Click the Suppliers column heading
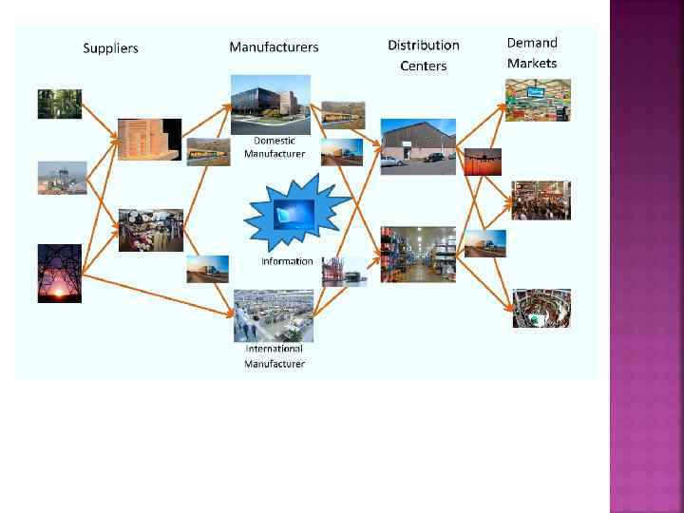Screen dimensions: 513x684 (110, 48)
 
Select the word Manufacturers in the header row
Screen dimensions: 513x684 (274, 47)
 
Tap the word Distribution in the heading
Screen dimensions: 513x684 (423, 46)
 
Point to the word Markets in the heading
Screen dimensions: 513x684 (532, 64)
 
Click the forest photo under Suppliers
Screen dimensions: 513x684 (59, 104)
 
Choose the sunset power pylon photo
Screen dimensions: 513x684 (59, 273)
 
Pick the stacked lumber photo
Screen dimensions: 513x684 (148, 140)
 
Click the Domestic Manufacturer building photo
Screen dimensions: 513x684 (271, 104)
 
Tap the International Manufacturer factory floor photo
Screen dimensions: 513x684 (274, 315)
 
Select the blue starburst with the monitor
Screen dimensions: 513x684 (290, 216)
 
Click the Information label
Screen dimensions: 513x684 (287, 261)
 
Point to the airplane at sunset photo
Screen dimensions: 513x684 (483, 161)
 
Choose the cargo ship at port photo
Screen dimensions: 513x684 (343, 271)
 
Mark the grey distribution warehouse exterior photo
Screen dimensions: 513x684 (418, 146)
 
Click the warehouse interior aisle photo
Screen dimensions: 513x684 (418, 254)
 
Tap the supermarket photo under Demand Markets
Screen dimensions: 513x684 (538, 100)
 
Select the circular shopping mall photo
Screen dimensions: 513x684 (541, 308)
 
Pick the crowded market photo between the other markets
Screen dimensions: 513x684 (541, 199)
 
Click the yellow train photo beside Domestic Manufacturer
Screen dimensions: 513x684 (343, 114)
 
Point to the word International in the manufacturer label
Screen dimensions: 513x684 (275, 349)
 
